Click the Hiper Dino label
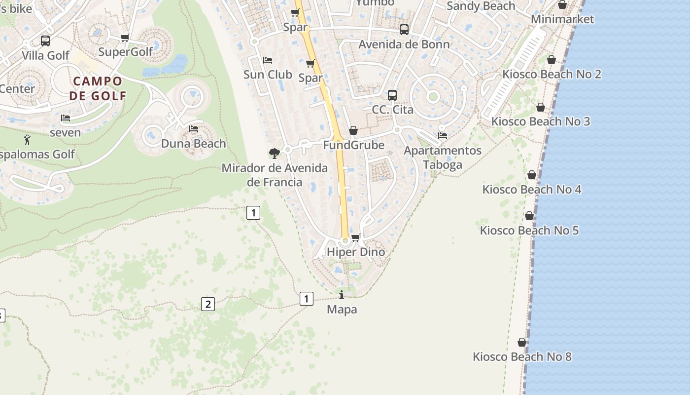356,252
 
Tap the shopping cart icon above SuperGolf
125,38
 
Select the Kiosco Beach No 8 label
522,356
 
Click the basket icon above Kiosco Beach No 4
532,175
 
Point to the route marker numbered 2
208,304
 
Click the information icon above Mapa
342,295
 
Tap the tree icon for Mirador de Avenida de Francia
275,153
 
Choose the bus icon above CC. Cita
392,95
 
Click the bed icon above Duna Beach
194,129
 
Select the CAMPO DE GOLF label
98,88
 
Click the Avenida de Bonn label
404,44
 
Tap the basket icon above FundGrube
353,130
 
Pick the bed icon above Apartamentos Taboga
443,136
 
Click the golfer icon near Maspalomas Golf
27,140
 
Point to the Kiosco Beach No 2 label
552,74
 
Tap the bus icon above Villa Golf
45,41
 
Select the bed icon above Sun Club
268,60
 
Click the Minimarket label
562,20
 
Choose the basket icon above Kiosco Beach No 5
529,216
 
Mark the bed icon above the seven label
66,118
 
